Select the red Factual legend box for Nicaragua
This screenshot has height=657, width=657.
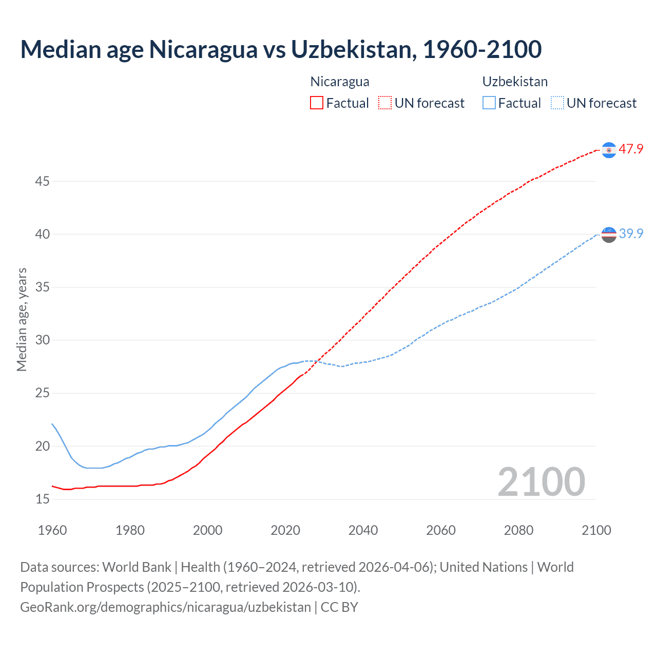click(317, 103)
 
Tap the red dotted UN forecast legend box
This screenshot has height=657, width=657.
click(385, 103)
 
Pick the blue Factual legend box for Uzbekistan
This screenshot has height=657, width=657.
click(489, 103)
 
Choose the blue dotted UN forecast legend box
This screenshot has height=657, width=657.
click(557, 103)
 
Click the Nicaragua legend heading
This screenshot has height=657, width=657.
click(340, 82)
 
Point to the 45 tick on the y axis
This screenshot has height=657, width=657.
click(42, 181)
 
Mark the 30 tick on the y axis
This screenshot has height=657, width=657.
click(42, 340)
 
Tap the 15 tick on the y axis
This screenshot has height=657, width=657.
click(42, 499)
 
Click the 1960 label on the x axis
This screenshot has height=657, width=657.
click(52, 530)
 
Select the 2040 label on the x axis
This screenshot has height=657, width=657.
click(363, 530)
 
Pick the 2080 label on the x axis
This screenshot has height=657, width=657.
click(518, 530)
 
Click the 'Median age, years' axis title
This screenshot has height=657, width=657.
click(22, 319)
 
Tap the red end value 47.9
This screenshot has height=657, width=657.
click(631, 149)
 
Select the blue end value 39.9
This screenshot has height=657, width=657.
click(631, 234)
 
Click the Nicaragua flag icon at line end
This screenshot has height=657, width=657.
click(609, 150)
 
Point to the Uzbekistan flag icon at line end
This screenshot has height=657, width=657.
click(609, 235)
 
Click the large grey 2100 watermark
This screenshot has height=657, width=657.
click(541, 481)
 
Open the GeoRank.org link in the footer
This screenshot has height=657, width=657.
click(165, 607)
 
